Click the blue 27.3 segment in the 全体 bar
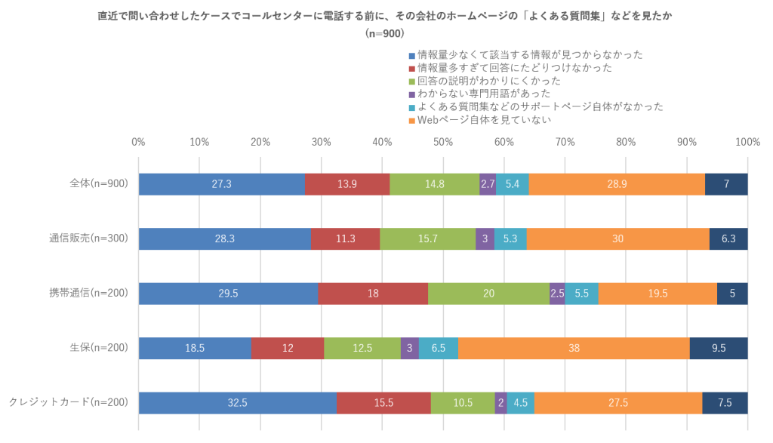[x=221, y=184]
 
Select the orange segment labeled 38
[x=574, y=348]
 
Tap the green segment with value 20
[x=488, y=293]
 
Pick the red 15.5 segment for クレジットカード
[x=383, y=403]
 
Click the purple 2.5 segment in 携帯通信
[x=557, y=293]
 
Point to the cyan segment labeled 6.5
[x=438, y=348]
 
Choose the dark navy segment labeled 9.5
[x=718, y=348]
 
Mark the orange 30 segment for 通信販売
[x=617, y=238]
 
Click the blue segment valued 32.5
[x=237, y=403]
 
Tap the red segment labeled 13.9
[x=347, y=184]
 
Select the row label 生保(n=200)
[x=95, y=348]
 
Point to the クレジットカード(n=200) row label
[x=68, y=403]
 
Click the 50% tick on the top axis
[x=443, y=142]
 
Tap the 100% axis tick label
[x=747, y=142]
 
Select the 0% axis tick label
[x=138, y=142]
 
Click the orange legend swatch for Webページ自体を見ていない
[x=411, y=120]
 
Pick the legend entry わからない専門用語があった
[x=483, y=94]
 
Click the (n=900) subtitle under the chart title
[x=385, y=33]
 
